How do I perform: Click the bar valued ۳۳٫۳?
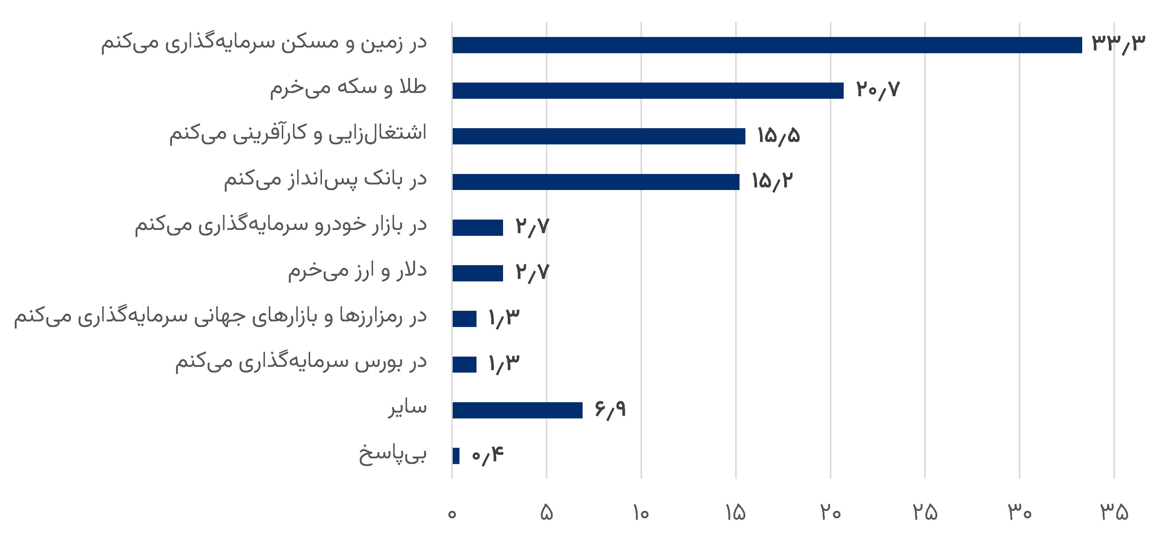coord(767,45)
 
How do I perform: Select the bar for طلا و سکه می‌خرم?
coord(647,91)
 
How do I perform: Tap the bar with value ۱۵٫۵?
coord(598,136)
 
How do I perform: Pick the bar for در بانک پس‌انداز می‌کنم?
coord(596,182)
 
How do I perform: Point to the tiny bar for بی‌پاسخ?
coord(456,456)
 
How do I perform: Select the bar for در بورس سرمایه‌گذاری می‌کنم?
coord(464,364)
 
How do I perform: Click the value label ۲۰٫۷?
coord(877,90)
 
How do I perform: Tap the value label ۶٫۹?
coord(610,409)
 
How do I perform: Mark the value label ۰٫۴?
coord(487,455)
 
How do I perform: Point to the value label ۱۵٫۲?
coord(772,181)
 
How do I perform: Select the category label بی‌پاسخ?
coord(393,455)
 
